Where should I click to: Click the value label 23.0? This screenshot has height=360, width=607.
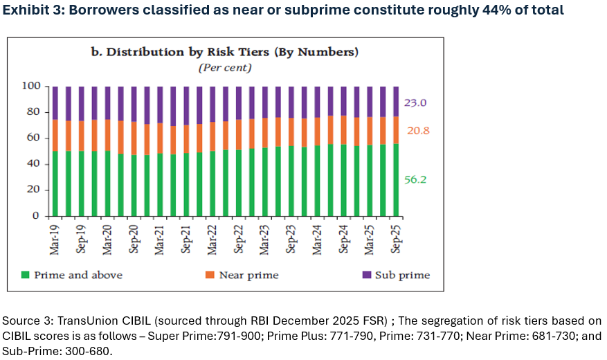[x=415, y=103]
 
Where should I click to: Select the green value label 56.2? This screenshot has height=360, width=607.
[x=415, y=179]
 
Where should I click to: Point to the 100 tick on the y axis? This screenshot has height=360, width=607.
[x=33, y=86]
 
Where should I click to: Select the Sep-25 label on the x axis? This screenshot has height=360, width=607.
[x=397, y=237]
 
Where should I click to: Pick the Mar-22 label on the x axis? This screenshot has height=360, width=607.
[x=212, y=237]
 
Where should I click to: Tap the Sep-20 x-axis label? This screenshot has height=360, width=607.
[x=134, y=237]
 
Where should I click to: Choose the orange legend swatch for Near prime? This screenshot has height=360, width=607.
[x=208, y=276]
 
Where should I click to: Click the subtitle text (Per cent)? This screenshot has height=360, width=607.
[x=225, y=68]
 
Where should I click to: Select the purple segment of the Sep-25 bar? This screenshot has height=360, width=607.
[x=397, y=101]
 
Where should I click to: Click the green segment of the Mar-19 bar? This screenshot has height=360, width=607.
[x=55, y=183]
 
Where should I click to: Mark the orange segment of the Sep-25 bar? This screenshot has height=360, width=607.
[x=397, y=129]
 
